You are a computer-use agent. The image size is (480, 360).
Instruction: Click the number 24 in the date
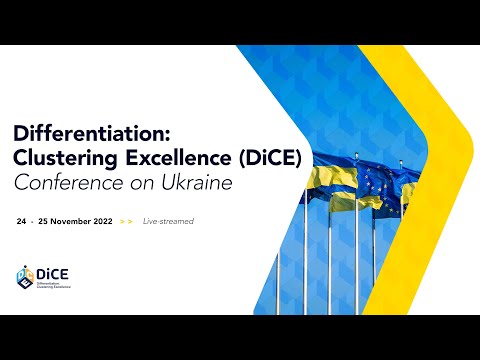click(x=22, y=220)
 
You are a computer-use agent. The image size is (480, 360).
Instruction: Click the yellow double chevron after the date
click(x=125, y=220)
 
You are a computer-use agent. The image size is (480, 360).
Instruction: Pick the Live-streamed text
click(x=168, y=220)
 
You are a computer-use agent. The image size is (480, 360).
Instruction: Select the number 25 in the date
click(x=44, y=220)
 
